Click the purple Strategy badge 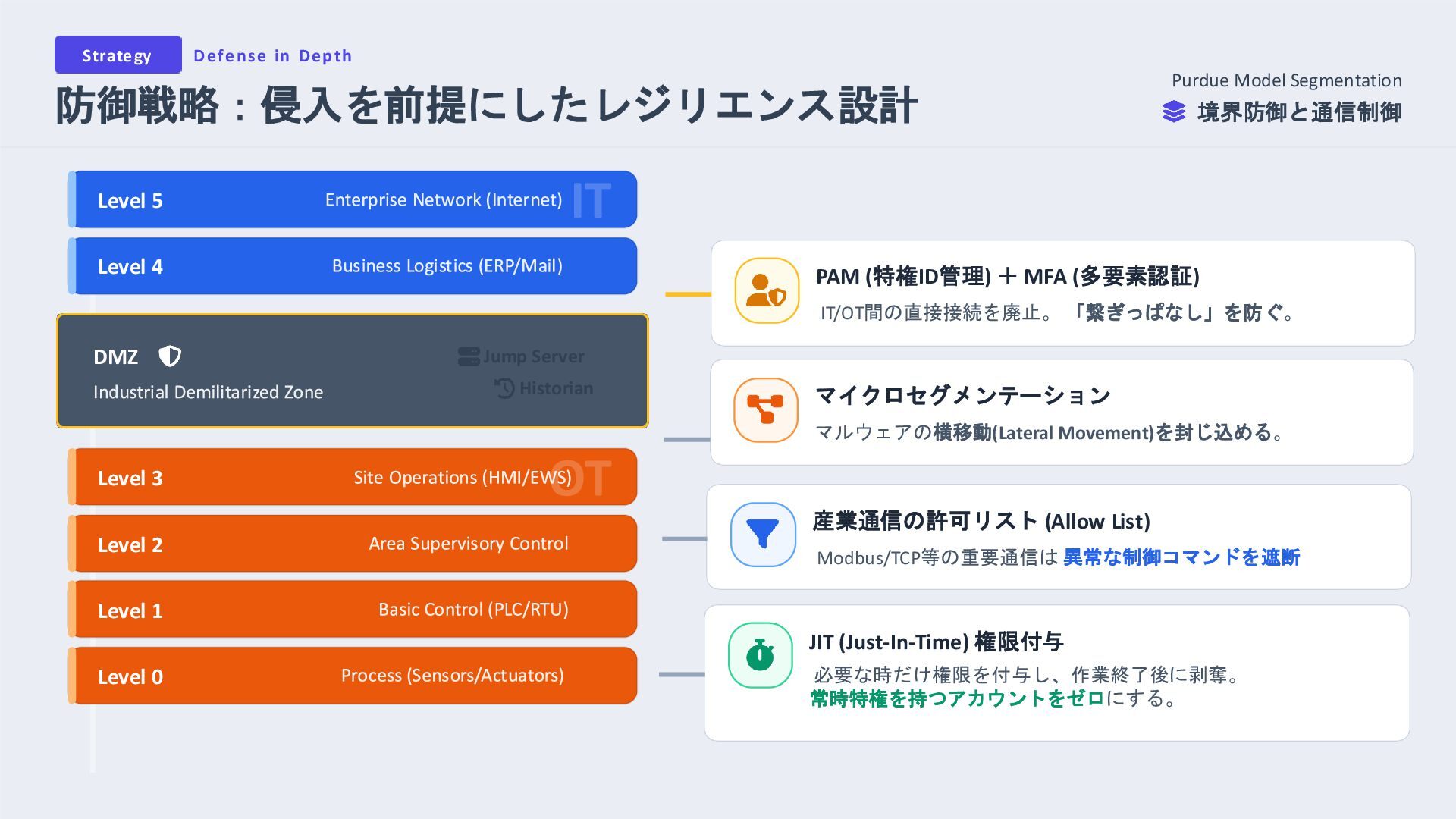click(x=118, y=55)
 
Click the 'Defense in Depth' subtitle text click(x=272, y=56)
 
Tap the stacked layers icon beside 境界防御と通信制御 click(x=1173, y=112)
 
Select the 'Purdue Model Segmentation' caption click(x=1286, y=80)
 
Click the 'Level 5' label click(x=130, y=201)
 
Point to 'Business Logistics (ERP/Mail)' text click(x=447, y=266)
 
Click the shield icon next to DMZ click(x=170, y=356)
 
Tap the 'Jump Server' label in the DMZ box click(x=533, y=356)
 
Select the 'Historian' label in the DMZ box click(x=555, y=388)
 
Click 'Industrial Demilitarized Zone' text click(x=208, y=392)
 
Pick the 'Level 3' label click(x=130, y=479)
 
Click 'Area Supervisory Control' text click(x=468, y=544)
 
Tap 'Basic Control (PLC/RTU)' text click(x=473, y=610)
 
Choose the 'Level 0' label click(x=130, y=677)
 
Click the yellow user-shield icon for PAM click(x=766, y=290)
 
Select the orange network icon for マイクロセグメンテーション click(x=765, y=409)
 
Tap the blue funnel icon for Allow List click(x=762, y=535)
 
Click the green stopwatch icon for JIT click(x=760, y=655)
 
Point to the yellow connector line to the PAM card click(x=688, y=294)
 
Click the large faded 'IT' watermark click(x=591, y=201)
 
